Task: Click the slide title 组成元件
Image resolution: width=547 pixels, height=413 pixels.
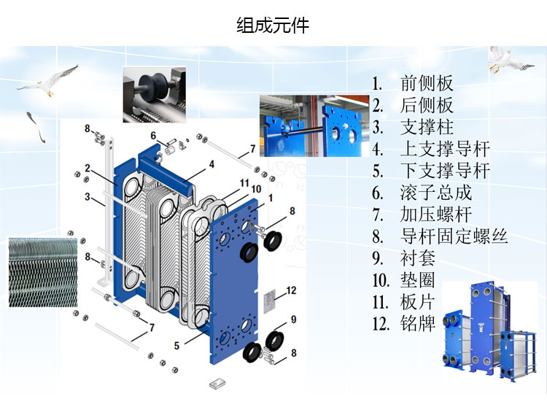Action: (273, 26)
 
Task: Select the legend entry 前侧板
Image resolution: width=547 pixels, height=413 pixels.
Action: (427, 83)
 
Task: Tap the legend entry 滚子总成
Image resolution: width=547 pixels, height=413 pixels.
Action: (435, 193)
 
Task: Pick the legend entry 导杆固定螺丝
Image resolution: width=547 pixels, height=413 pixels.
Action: (454, 236)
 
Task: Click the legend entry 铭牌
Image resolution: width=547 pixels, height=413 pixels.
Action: (418, 324)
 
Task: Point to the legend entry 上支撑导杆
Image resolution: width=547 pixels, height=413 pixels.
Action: (445, 149)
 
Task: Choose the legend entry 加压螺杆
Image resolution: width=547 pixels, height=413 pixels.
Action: (435, 215)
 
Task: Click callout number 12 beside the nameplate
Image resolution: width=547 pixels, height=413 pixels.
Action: (291, 290)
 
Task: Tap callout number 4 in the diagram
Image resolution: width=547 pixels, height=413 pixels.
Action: (212, 164)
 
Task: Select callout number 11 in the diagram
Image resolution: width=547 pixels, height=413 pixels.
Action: (244, 182)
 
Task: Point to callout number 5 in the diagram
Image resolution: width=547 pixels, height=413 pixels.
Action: (176, 346)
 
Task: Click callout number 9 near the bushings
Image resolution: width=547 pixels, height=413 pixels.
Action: (293, 319)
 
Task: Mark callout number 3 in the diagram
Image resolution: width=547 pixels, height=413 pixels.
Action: (88, 197)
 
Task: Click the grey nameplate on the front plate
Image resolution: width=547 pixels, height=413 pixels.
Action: (269, 299)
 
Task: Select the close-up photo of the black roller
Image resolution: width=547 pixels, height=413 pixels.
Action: (154, 95)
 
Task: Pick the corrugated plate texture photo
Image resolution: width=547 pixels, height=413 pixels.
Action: (43, 272)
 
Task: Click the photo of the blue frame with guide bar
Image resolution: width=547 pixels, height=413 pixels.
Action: (314, 126)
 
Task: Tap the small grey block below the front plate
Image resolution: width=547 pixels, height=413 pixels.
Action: (217, 383)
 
